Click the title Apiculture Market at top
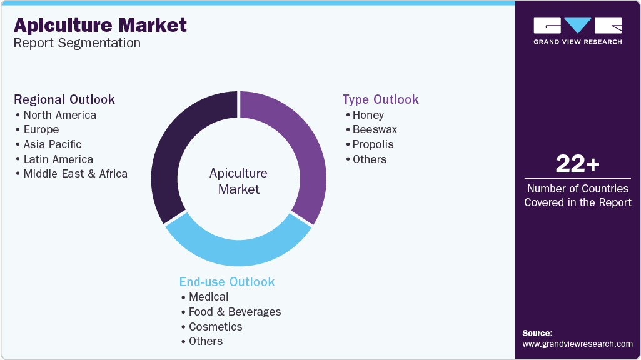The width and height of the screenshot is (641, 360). pyautogui.click(x=100, y=25)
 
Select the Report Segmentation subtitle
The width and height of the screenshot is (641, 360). pyautogui.click(x=77, y=44)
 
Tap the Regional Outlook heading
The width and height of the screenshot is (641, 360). pyautogui.click(x=64, y=99)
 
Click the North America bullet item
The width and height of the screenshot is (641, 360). pyautogui.click(x=59, y=115)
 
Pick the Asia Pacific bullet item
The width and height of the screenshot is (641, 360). pyautogui.click(x=52, y=144)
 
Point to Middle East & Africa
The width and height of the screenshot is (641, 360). pyautogui.click(x=75, y=174)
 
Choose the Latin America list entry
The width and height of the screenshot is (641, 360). pyautogui.click(x=58, y=159)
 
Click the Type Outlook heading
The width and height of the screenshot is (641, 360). pyautogui.click(x=380, y=99)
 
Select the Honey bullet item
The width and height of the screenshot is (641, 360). pyautogui.click(x=368, y=115)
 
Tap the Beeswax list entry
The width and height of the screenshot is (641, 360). pyautogui.click(x=375, y=129)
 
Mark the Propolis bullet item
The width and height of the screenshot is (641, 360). pyautogui.click(x=373, y=144)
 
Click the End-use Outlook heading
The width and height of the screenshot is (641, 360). pyautogui.click(x=227, y=282)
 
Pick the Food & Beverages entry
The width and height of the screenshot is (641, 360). pyautogui.click(x=235, y=312)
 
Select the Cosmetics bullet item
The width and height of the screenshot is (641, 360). pyautogui.click(x=215, y=327)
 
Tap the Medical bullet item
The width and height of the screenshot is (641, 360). pyautogui.click(x=208, y=297)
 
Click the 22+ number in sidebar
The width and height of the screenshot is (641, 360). pyautogui.click(x=577, y=164)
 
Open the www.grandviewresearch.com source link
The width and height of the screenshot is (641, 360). pyautogui.click(x=577, y=344)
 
